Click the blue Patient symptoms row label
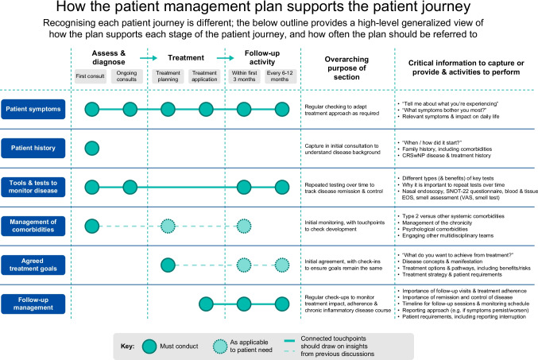33,109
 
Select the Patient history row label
33,148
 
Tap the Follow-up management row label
33,304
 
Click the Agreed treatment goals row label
33,265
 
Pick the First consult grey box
91,76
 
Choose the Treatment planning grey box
168,76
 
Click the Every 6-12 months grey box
280,76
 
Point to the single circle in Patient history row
92,149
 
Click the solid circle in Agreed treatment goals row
168,265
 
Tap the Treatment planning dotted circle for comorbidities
168,226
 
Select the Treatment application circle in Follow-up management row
206,304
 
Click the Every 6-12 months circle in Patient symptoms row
282,110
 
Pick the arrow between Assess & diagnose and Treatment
149,58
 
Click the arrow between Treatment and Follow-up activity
226,58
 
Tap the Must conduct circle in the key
149,346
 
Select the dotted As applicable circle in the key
220,346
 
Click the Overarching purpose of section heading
347,68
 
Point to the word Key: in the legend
127,346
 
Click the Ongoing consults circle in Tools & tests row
130,188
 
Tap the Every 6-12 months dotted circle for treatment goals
282,265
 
